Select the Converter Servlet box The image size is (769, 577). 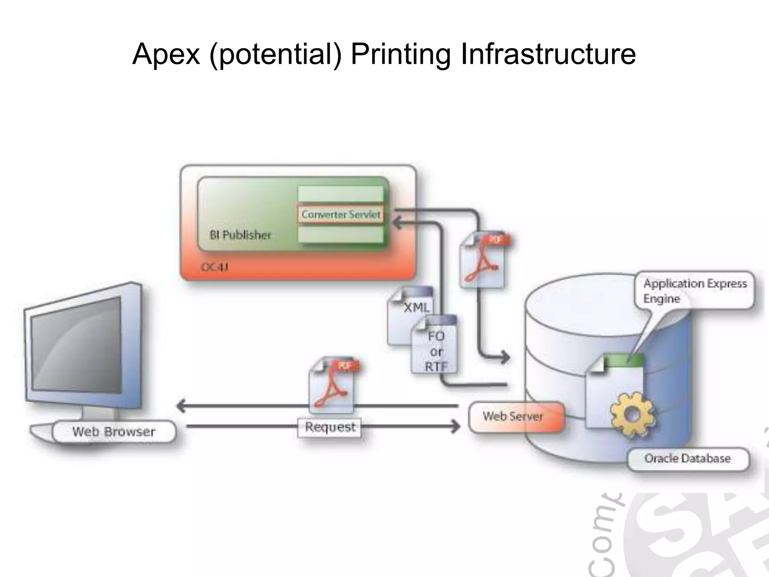(341, 214)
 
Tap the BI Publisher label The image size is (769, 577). (240, 235)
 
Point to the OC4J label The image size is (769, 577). (214, 267)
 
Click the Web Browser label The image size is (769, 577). (114, 432)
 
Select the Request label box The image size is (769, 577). (330, 427)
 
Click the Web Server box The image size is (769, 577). (513, 417)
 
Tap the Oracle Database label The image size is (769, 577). (688, 459)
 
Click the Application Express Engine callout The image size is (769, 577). (695, 291)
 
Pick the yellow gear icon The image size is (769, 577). (632, 414)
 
